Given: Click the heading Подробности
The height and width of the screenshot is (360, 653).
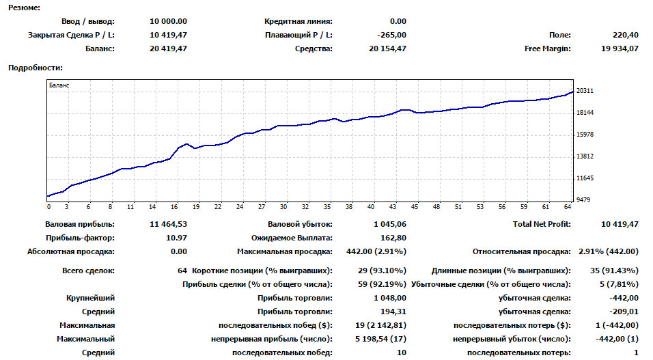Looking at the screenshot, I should pyautogui.click(x=34, y=68).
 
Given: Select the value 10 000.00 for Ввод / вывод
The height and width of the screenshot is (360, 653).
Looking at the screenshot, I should pyautogui.click(x=167, y=21).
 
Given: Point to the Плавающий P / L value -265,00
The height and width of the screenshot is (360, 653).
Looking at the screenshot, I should pyautogui.click(x=391, y=35).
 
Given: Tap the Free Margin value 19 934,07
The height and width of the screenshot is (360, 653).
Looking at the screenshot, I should pyautogui.click(x=620, y=49).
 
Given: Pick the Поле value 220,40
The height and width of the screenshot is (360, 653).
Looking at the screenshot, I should pyautogui.click(x=626, y=35).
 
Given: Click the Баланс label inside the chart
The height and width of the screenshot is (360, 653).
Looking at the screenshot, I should pyautogui.click(x=59, y=85).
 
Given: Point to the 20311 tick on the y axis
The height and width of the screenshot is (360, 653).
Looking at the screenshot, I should pyautogui.click(x=585, y=91).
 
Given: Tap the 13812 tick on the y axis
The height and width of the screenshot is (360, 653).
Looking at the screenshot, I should pyautogui.click(x=585, y=156).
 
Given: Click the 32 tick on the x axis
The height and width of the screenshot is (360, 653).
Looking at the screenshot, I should pyautogui.click(x=305, y=206).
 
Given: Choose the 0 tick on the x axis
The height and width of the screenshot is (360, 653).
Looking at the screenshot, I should pyautogui.click(x=48, y=206).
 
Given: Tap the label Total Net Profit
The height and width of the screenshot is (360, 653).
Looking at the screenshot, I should pyautogui.click(x=542, y=224).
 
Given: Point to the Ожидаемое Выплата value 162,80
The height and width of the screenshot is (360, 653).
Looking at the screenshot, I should pyautogui.click(x=393, y=238).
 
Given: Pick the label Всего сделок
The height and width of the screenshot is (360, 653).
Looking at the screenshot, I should pyautogui.click(x=88, y=271).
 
